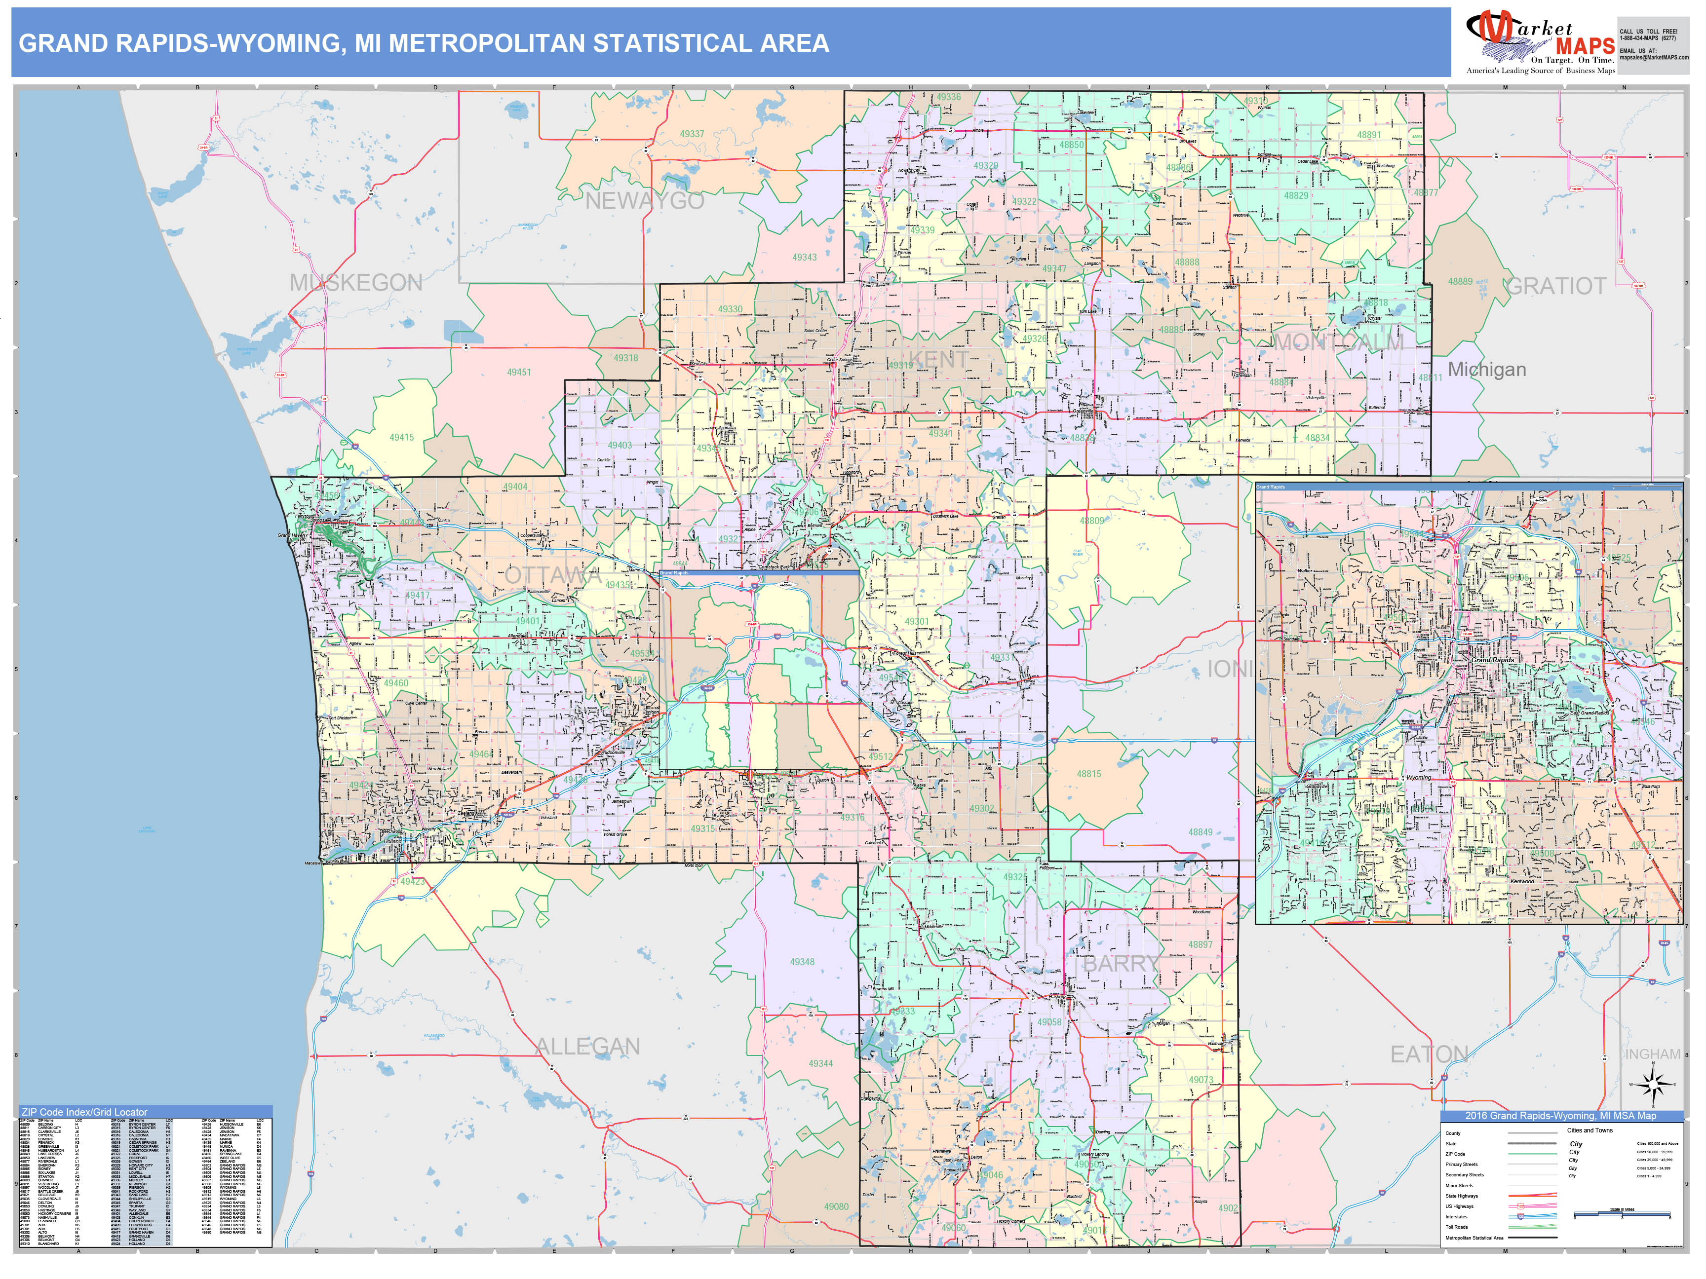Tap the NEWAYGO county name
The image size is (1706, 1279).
pyautogui.click(x=645, y=201)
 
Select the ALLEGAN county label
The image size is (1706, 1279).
pyautogui.click(x=588, y=1046)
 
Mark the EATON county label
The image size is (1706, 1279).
pyautogui.click(x=1429, y=1054)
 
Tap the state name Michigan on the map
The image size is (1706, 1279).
pyautogui.click(x=1486, y=369)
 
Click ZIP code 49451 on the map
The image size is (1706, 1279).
pyautogui.click(x=519, y=373)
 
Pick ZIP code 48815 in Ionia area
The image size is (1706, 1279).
pyautogui.click(x=1089, y=773)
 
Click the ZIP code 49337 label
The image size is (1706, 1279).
pyautogui.click(x=692, y=134)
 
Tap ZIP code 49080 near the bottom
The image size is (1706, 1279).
pyautogui.click(x=836, y=1206)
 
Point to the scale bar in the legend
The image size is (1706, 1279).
pyautogui.click(x=1622, y=1214)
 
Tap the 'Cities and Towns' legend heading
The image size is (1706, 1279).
pyautogui.click(x=1590, y=1130)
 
